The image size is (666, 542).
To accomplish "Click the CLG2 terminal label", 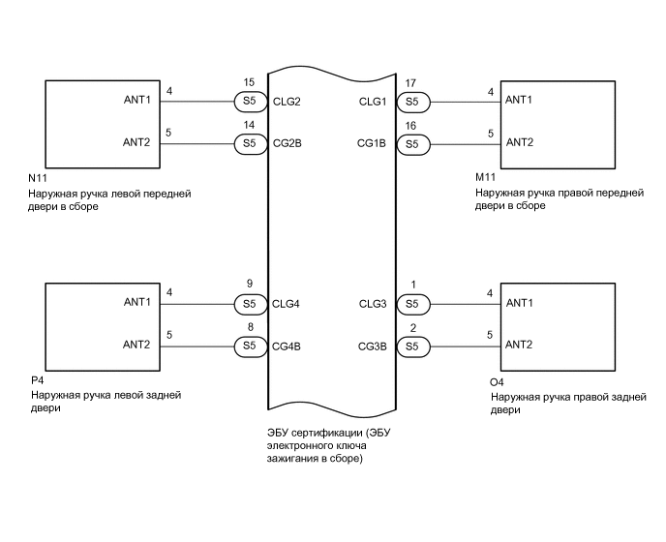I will [288, 101].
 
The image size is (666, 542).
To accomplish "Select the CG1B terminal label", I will [373, 143].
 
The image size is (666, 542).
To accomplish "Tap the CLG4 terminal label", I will [288, 304].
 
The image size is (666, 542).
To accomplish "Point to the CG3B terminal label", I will [373, 346].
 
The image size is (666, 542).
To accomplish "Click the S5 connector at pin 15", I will [249, 101].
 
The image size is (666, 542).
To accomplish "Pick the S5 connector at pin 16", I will [412, 143].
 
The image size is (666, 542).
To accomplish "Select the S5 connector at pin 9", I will [249, 304].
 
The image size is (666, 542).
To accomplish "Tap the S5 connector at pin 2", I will [412, 346].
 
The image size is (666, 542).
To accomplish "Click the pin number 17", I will [411, 84].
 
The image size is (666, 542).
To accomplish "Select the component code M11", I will [485, 180].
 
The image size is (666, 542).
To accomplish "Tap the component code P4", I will [36, 382].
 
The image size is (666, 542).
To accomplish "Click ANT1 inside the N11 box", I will [136, 100].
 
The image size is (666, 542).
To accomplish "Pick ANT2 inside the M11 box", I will [520, 142].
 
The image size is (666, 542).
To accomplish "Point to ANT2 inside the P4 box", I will [136, 345].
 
